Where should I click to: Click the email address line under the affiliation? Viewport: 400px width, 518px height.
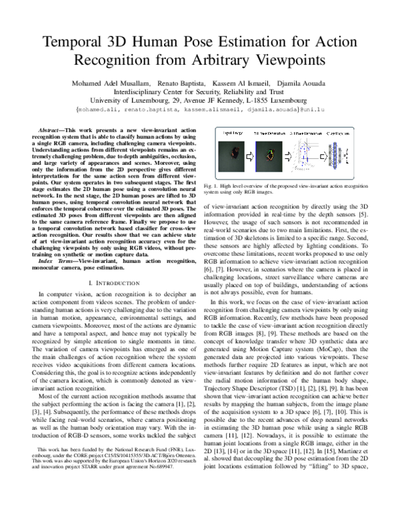[x=200, y=107]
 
